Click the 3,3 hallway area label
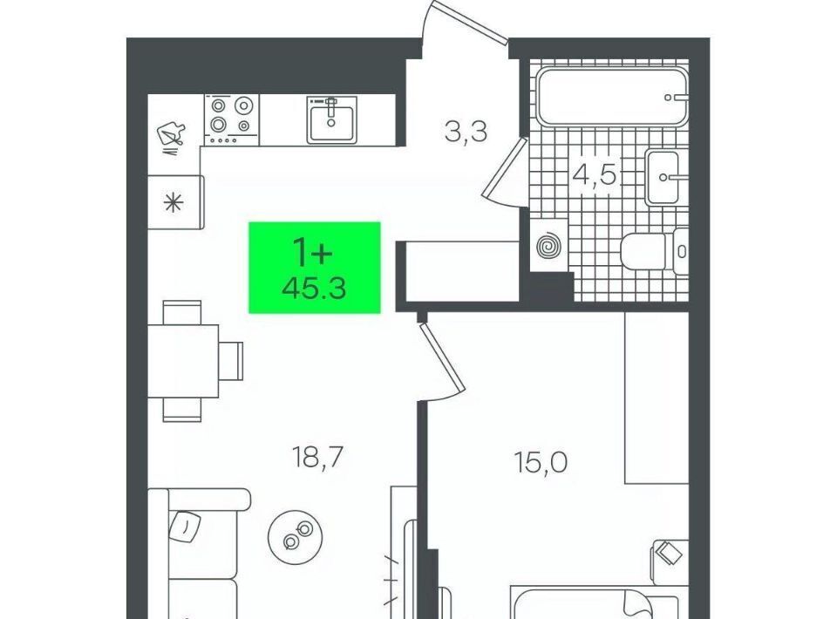point(466,132)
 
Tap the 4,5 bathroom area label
point(595,174)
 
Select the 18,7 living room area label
point(317,458)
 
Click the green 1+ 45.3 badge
point(315,268)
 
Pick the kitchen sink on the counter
point(331,119)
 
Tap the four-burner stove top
point(231,119)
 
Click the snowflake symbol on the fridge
point(173,203)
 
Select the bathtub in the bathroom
point(613,97)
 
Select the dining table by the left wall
point(183,361)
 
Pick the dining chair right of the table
point(231,361)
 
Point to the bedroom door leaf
point(442,357)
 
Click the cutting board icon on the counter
point(171,135)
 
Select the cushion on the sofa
point(184,526)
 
